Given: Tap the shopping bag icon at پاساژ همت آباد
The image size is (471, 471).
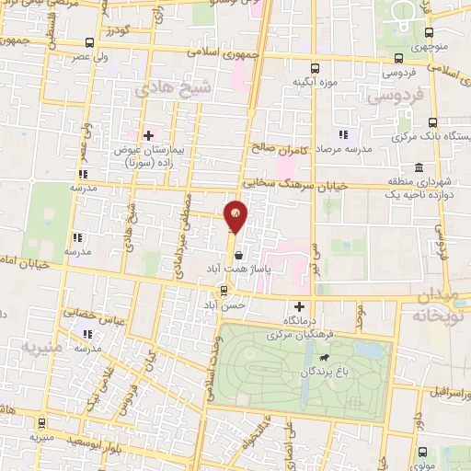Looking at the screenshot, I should click(x=238, y=256).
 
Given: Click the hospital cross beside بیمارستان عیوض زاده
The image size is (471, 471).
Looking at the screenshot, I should click(x=149, y=135).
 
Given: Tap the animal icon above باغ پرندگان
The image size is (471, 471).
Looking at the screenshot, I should click(x=324, y=358).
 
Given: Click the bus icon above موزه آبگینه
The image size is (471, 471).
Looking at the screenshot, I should click(x=316, y=67).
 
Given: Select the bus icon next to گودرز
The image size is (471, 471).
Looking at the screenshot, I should click(x=88, y=41).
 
